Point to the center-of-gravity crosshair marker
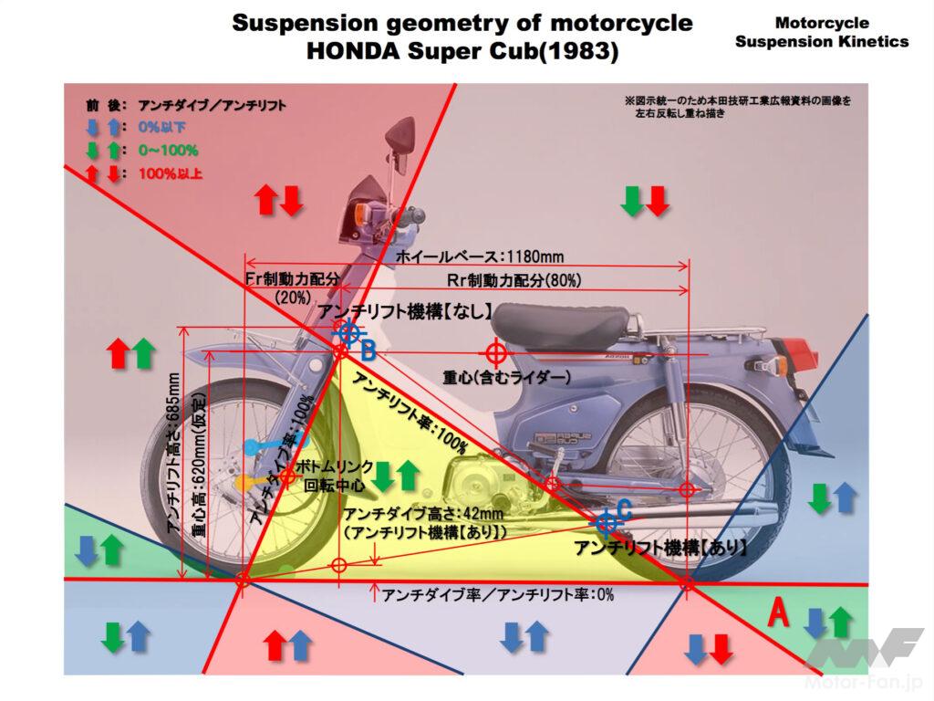coord(496,352)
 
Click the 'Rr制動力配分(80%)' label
coord(514,278)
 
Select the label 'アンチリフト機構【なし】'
coord(407,310)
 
